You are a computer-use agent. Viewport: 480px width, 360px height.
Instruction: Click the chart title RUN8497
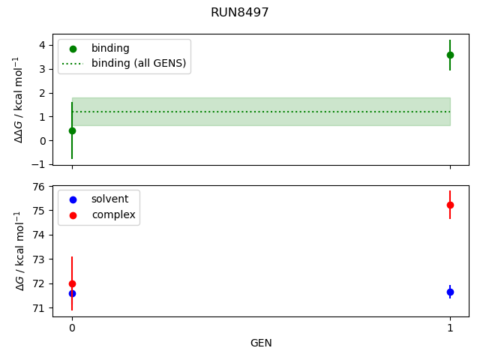(x=240, y=13)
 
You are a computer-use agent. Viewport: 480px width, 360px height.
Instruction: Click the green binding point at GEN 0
(x=72, y=130)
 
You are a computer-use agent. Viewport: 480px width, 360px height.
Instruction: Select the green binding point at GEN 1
(x=450, y=55)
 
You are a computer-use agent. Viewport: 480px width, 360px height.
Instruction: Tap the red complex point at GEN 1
(x=450, y=205)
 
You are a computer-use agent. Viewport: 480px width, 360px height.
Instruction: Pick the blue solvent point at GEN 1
(x=450, y=292)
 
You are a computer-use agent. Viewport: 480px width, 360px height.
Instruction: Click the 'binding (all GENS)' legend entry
(x=139, y=63)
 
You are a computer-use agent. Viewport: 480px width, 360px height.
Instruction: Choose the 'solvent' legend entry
(x=109, y=199)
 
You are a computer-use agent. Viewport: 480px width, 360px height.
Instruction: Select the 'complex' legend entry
(x=113, y=214)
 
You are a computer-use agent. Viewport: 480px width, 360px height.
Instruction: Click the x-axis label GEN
(x=261, y=343)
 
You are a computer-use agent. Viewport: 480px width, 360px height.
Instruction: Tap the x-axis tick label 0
(x=72, y=328)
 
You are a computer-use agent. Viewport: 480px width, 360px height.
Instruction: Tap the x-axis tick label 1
(x=450, y=328)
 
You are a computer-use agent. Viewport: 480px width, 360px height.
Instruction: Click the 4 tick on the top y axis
(x=42, y=45)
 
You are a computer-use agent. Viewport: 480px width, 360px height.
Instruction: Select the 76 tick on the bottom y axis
(x=39, y=187)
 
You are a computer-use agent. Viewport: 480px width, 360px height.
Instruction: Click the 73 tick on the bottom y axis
(x=39, y=259)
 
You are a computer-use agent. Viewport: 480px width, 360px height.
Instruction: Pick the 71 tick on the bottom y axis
(x=39, y=308)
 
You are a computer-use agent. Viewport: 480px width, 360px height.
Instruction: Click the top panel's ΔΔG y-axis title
(x=20, y=99)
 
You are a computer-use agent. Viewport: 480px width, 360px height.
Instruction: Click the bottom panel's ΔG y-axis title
(x=20, y=250)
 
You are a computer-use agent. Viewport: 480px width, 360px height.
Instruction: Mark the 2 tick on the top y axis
(x=42, y=93)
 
